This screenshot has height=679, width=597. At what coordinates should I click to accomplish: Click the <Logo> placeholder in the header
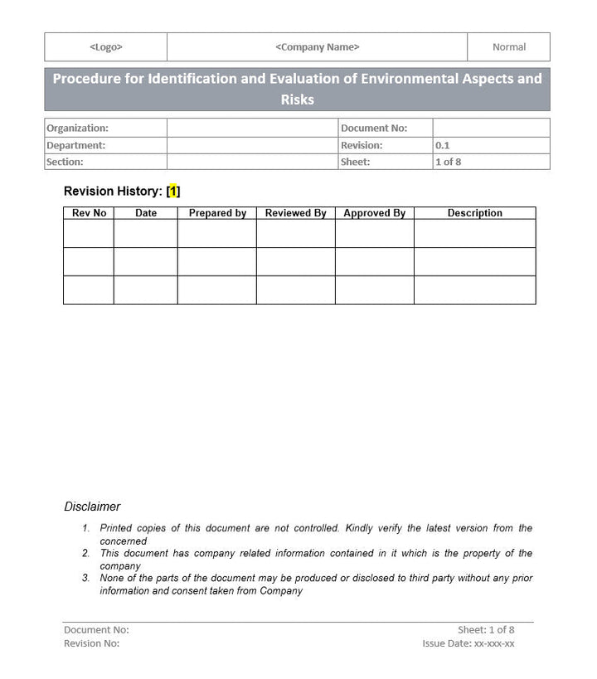[105, 47]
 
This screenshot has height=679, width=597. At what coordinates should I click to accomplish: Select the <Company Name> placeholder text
[317, 47]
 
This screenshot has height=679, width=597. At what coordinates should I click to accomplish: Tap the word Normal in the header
[508, 47]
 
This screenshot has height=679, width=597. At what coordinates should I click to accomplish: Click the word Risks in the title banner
[297, 100]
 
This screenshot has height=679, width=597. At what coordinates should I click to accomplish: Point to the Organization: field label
[77, 129]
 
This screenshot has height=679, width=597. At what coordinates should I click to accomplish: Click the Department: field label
[75, 145]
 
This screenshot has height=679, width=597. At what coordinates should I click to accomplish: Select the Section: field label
[65, 162]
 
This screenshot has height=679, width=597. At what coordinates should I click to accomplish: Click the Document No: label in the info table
[374, 129]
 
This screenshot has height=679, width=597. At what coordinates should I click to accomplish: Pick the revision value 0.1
[443, 145]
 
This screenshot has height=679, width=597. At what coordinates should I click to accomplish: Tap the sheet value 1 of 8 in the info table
[448, 162]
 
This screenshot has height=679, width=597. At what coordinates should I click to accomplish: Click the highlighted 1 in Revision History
[173, 192]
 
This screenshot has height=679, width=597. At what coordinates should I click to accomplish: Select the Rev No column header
[89, 213]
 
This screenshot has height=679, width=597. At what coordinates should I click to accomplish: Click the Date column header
[146, 213]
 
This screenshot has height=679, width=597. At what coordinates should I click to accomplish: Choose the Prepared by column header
[217, 213]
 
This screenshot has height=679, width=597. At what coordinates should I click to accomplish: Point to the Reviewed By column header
[295, 213]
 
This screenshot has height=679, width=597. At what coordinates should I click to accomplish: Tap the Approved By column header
[374, 213]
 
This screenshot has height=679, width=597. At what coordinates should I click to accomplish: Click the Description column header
[475, 213]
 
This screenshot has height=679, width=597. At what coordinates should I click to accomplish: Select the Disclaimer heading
[92, 507]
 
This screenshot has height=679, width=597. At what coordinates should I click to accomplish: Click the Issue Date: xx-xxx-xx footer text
[468, 643]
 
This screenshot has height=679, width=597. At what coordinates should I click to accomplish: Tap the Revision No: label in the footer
[91, 643]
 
